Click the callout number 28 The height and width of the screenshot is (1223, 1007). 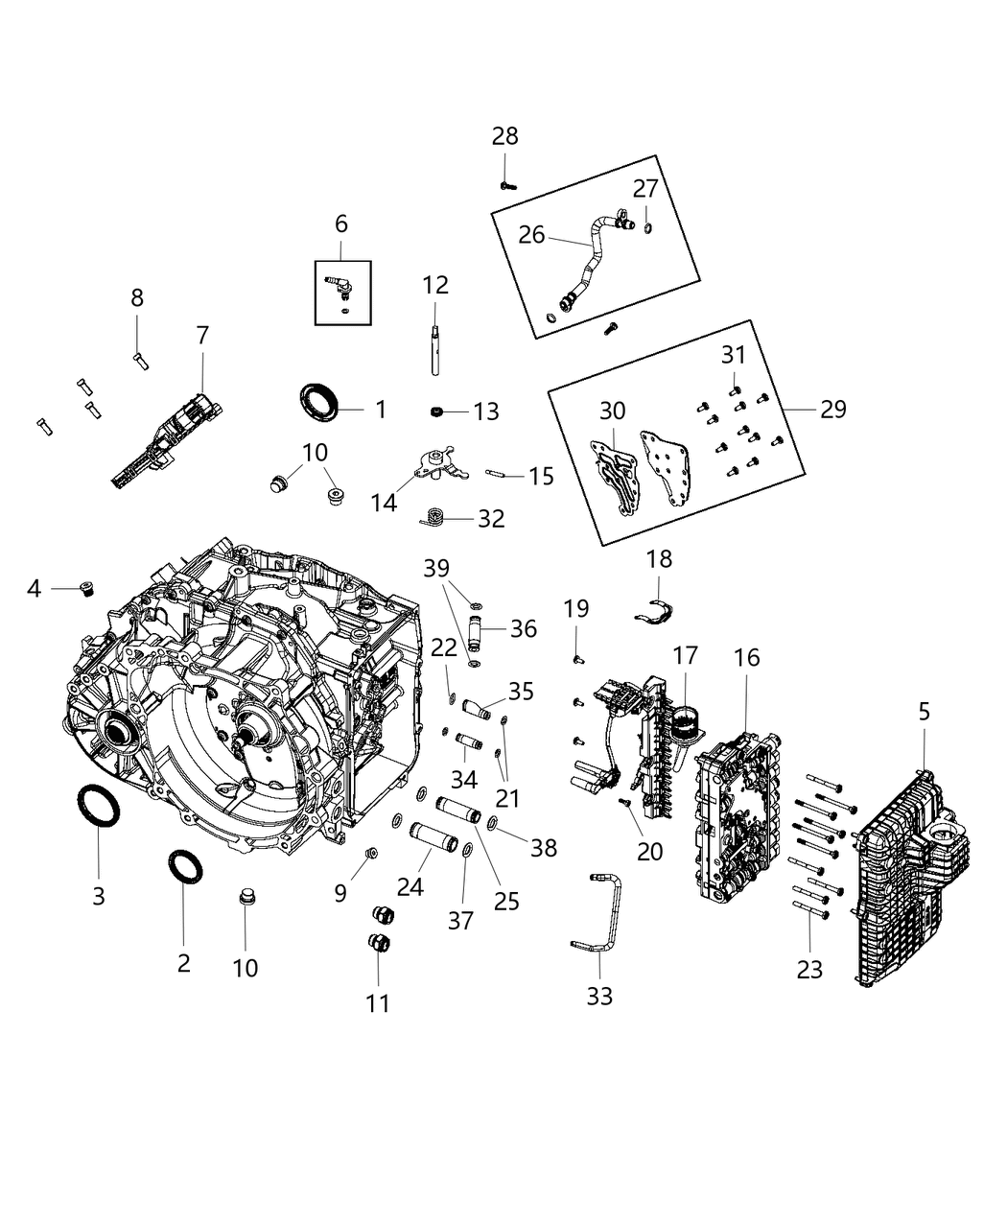(504, 136)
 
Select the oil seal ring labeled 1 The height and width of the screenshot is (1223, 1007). (319, 399)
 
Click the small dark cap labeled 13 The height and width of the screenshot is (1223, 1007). (436, 412)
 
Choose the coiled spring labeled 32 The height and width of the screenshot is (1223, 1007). (433, 519)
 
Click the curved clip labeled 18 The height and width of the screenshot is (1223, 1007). (657, 608)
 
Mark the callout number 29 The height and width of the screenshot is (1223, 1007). (832, 410)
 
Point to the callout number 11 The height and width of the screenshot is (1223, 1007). (378, 1003)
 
